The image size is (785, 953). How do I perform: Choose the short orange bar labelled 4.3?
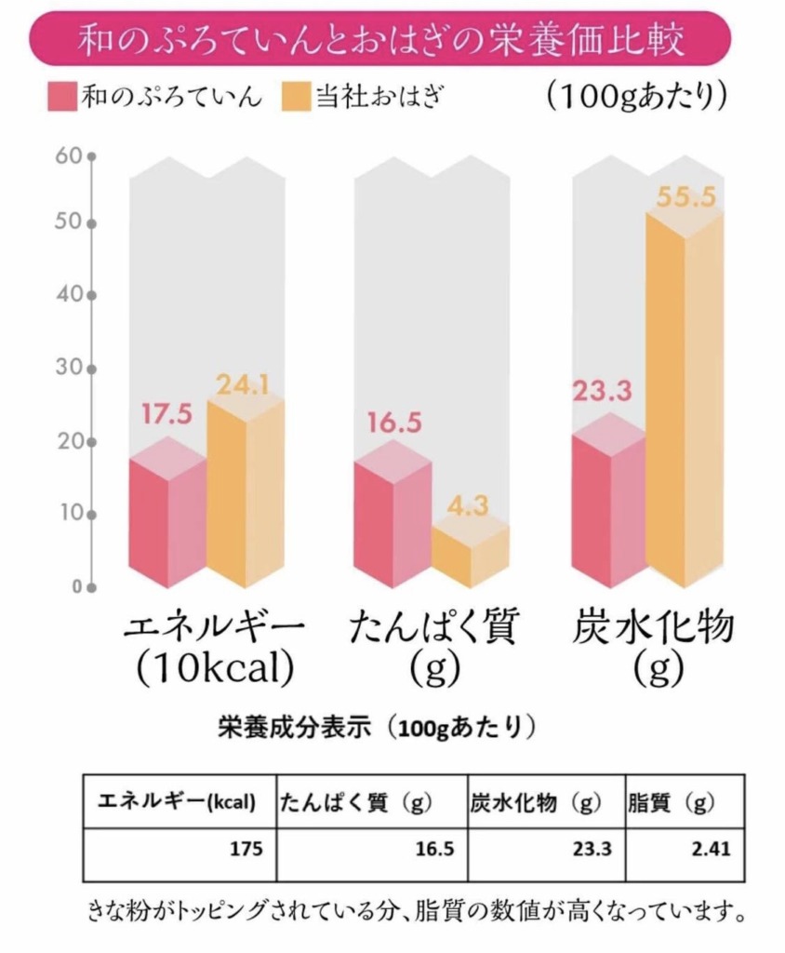pyautogui.click(x=470, y=554)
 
